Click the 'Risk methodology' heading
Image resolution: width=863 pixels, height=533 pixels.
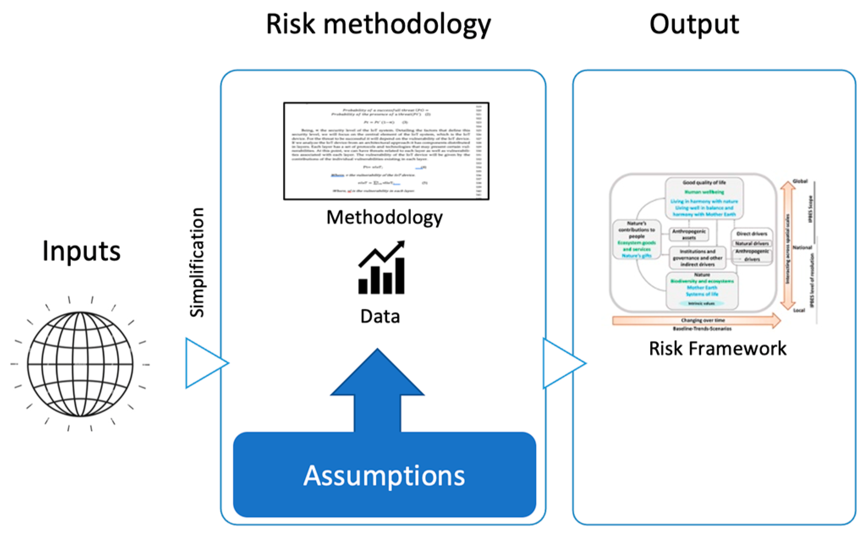378,25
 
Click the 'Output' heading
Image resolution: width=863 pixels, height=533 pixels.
694,25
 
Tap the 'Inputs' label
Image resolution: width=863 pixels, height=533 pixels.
81,251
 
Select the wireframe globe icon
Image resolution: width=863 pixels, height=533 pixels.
80,364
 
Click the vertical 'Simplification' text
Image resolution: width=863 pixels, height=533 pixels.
197,262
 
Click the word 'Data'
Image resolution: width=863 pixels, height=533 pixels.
380,316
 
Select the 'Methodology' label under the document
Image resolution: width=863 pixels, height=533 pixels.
384,217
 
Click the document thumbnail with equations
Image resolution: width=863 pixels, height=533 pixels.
386,151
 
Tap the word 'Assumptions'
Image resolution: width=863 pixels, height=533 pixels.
384,475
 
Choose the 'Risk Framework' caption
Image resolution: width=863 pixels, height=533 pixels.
717,349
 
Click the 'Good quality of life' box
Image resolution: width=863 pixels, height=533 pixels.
704,198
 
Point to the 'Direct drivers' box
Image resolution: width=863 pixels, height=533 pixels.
752,234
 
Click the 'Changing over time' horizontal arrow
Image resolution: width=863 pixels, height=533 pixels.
696,321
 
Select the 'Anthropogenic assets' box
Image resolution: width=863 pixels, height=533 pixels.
689,234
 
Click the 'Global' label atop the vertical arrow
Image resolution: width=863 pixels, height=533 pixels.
800,181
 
